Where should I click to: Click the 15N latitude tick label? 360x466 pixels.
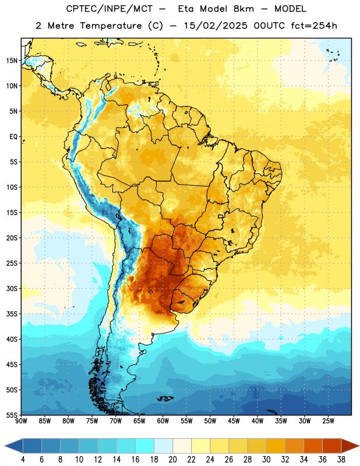[x=12, y=61]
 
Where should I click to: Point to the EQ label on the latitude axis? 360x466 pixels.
[x=13, y=137]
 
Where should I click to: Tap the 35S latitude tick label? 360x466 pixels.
[x=12, y=314]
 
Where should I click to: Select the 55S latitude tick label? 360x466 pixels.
[x=12, y=415]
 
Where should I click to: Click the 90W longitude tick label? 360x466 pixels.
[x=21, y=421]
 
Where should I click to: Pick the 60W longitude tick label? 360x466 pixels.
[x=163, y=421]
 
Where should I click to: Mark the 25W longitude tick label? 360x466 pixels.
[x=328, y=421]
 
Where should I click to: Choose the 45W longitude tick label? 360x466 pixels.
[x=234, y=421]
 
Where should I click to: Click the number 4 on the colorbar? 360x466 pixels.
[x=23, y=460]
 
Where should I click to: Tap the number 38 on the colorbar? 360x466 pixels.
[x=341, y=460]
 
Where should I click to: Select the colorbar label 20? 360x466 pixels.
[x=172, y=460]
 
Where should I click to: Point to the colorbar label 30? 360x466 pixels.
[x=266, y=460]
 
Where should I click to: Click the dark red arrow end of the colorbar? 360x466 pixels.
[x=350, y=446]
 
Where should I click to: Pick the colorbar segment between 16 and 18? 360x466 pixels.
[x=145, y=446]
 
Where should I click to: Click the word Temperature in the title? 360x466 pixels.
[x=111, y=26]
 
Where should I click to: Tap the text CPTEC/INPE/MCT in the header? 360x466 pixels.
[x=109, y=9]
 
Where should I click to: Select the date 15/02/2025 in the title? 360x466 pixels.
[x=216, y=26]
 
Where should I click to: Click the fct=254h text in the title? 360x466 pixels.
[x=314, y=26]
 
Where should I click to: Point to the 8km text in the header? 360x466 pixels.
[x=243, y=9]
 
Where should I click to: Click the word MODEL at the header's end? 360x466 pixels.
[x=290, y=9]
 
